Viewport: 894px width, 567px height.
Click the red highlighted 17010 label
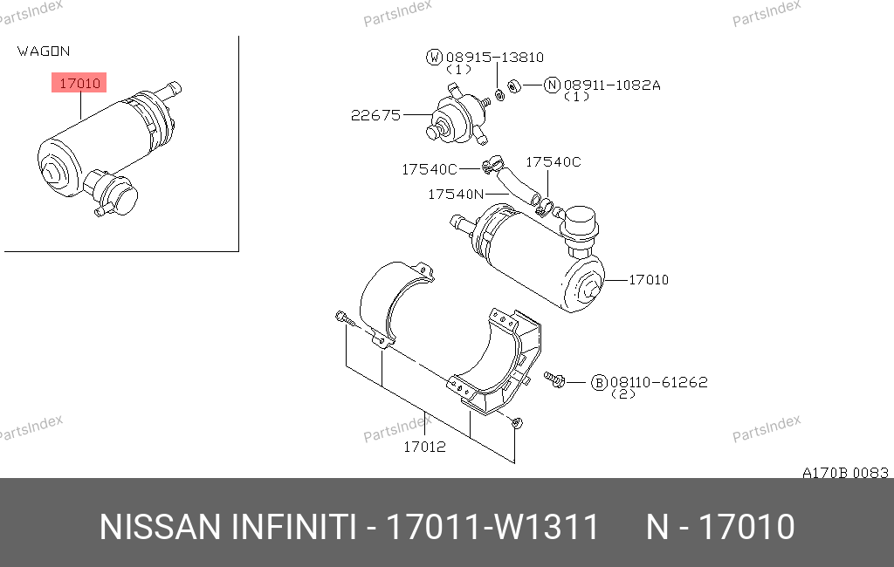(79, 83)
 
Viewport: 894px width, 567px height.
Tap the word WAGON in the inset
(44, 51)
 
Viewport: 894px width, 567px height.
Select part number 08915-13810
(495, 57)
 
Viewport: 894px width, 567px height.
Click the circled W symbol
(435, 57)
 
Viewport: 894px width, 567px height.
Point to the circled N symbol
(552, 85)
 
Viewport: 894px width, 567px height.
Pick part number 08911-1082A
(612, 85)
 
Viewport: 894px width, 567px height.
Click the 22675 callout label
(375, 115)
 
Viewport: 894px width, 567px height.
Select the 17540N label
(456, 195)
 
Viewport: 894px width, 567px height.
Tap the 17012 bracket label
(424, 447)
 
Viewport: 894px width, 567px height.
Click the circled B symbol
(599, 382)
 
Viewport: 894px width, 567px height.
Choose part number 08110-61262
(659, 382)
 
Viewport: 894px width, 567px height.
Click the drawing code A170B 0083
(845, 473)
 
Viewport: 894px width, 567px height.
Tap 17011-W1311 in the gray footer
(492, 527)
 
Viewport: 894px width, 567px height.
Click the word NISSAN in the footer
(160, 527)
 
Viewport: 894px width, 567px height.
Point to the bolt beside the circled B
(554, 379)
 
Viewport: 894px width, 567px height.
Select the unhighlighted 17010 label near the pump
(649, 280)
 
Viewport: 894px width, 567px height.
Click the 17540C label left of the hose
(430, 169)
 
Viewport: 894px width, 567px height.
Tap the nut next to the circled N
(513, 86)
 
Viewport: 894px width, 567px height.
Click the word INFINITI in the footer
(294, 527)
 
